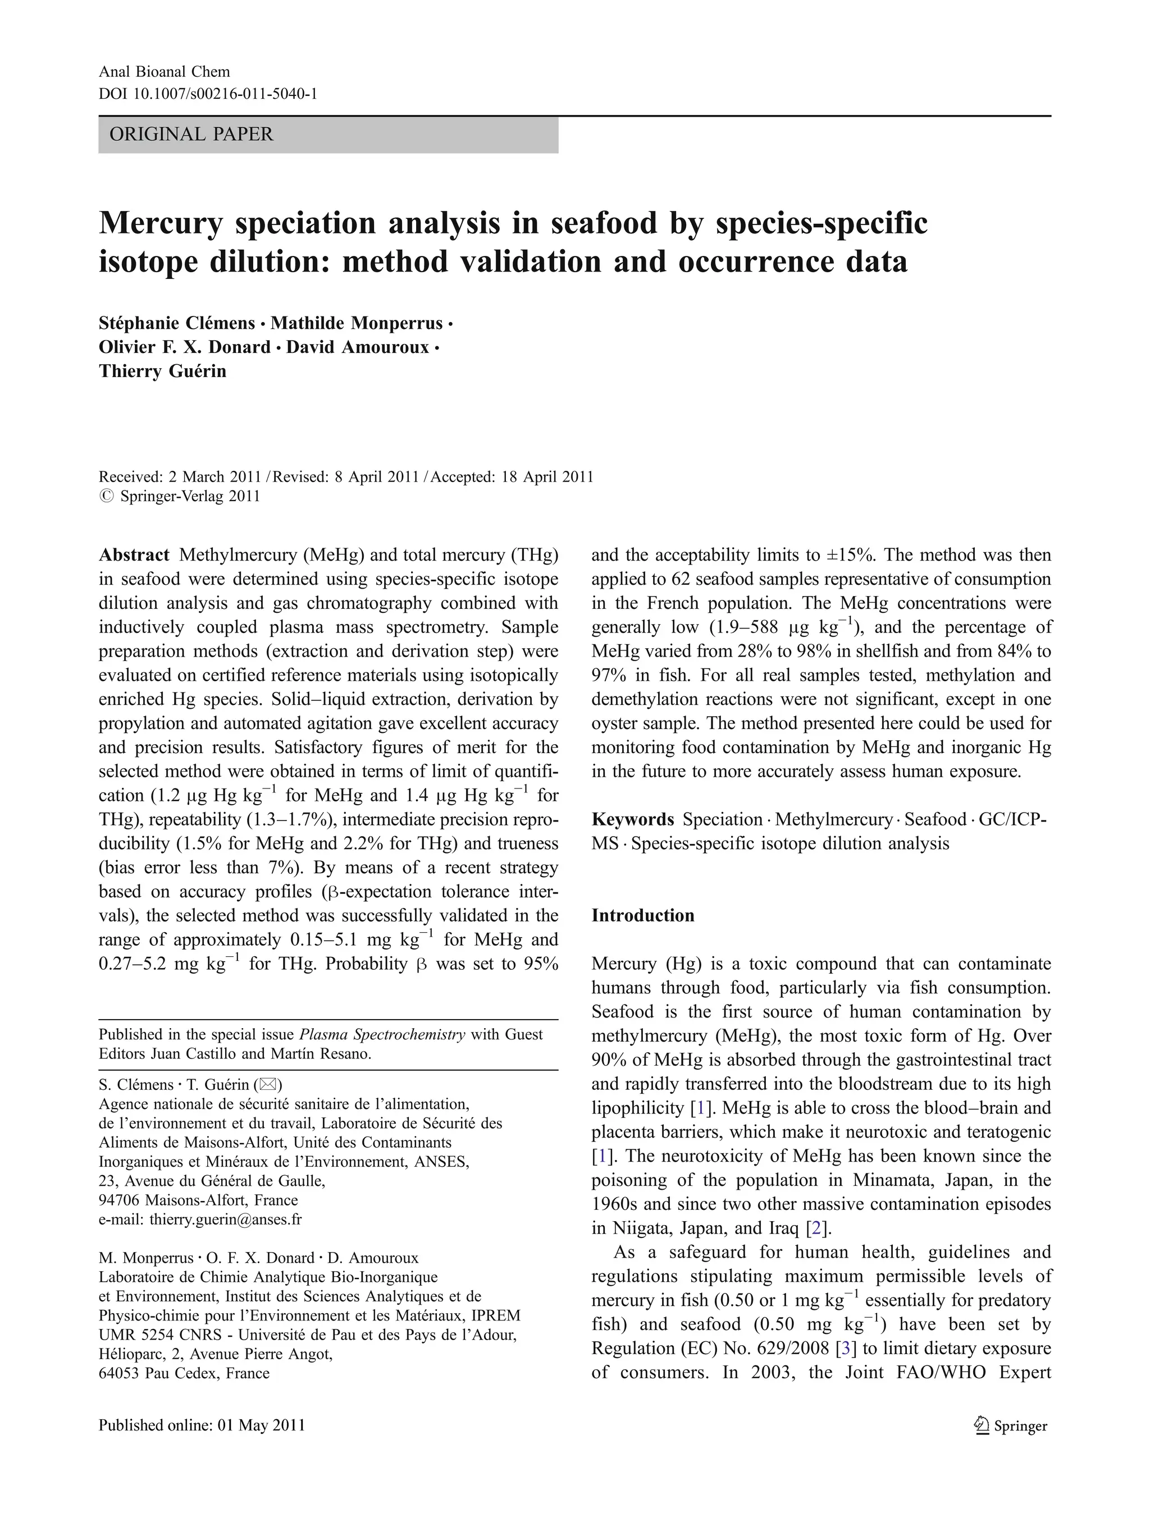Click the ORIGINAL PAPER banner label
coord(191,134)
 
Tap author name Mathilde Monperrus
coord(357,323)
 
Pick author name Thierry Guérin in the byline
coord(162,371)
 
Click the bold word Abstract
coord(134,555)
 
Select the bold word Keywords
coord(633,819)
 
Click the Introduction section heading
coord(642,915)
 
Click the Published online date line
coord(202,1425)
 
